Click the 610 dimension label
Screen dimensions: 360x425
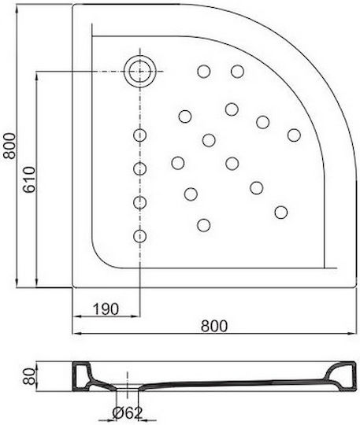pyautogui.click(x=29, y=179)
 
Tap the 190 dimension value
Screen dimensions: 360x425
pyautogui.click(x=106, y=309)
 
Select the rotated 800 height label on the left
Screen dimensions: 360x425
pyautogui.click(x=9, y=146)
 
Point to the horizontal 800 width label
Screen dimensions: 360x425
pyautogui.click(x=214, y=326)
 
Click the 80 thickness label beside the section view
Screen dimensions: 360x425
pyautogui.click(x=29, y=376)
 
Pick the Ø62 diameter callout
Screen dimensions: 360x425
pyautogui.click(x=128, y=413)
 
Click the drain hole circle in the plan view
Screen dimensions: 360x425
pyautogui.click(x=140, y=72)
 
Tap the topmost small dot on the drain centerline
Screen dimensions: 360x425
pyautogui.click(x=140, y=135)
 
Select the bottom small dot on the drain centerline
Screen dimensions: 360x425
pyautogui.click(x=140, y=236)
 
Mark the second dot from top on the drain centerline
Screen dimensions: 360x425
pyautogui.click(x=140, y=168)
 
